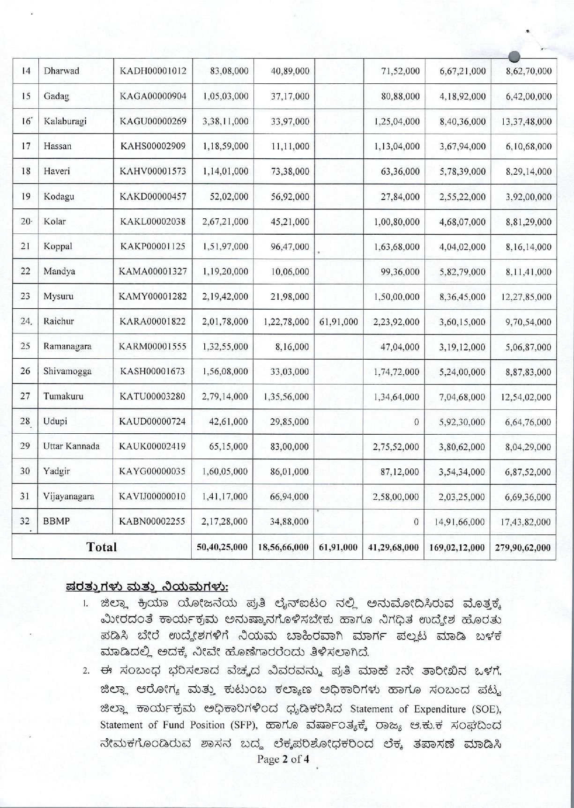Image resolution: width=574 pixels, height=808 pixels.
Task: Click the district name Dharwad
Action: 61,71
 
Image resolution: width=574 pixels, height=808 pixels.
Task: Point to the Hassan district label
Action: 58,146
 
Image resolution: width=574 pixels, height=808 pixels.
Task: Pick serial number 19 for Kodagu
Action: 26,197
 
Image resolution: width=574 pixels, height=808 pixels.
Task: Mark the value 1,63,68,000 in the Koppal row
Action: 397,247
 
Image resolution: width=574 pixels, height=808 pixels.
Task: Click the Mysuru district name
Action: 59,297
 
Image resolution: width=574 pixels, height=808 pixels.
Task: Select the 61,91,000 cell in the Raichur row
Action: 338,322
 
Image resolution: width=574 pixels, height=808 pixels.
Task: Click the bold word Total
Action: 102,547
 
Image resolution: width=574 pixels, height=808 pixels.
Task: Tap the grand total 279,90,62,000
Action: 524,547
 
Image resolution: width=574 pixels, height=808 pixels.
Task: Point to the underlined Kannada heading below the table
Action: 147,586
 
